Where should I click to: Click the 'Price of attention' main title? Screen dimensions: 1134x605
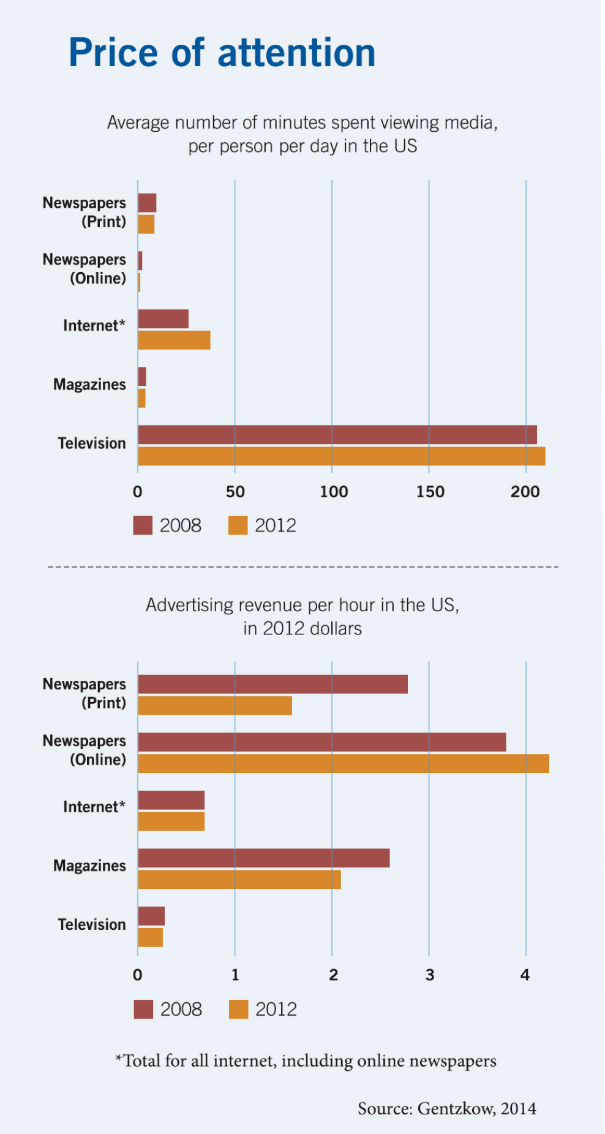coord(222,53)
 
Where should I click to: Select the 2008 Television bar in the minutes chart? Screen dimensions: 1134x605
coord(337,435)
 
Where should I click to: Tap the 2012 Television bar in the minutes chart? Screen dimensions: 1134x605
coord(341,456)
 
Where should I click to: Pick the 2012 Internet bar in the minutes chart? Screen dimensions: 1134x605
coord(174,340)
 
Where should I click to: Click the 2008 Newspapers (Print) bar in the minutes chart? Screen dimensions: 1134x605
coord(147,203)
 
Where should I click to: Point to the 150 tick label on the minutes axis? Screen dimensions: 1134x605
coord(430,492)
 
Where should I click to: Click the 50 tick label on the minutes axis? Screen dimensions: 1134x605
coord(235,492)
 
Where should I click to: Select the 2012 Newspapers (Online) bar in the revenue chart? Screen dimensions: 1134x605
coord(343,763)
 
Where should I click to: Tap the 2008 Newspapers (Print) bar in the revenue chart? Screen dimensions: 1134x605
coord(272,684)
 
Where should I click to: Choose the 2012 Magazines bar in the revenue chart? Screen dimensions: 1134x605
coord(239,880)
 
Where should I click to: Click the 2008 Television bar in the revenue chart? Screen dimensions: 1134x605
coord(151,916)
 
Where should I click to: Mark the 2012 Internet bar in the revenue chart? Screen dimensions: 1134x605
coord(171,821)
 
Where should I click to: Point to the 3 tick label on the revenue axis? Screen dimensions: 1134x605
coord(430,975)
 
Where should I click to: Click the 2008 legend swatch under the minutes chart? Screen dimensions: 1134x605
coord(143,525)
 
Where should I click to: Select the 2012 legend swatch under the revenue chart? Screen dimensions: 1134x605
coord(238,1009)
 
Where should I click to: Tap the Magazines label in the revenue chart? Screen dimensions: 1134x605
coord(89,866)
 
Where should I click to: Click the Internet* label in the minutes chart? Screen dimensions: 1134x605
coord(94,325)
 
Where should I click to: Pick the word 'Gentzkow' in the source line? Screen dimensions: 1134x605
coord(456,1108)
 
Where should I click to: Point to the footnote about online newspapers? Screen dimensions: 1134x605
coord(306,1060)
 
